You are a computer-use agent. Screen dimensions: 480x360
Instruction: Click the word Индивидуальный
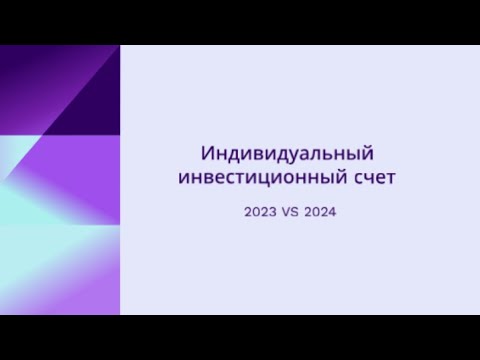click(x=287, y=154)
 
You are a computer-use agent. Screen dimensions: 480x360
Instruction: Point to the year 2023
click(x=260, y=212)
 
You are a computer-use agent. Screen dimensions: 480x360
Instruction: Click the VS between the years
click(x=290, y=212)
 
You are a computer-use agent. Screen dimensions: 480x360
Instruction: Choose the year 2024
click(x=320, y=212)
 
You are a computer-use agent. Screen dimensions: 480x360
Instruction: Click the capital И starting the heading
click(x=207, y=153)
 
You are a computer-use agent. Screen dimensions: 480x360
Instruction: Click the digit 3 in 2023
click(x=273, y=212)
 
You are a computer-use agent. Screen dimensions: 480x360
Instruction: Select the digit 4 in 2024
click(x=332, y=212)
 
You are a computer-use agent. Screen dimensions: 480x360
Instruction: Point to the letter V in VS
click(x=286, y=212)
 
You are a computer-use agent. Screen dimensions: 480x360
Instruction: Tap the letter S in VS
click(x=295, y=212)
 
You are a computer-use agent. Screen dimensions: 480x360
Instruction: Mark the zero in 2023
click(x=256, y=212)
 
